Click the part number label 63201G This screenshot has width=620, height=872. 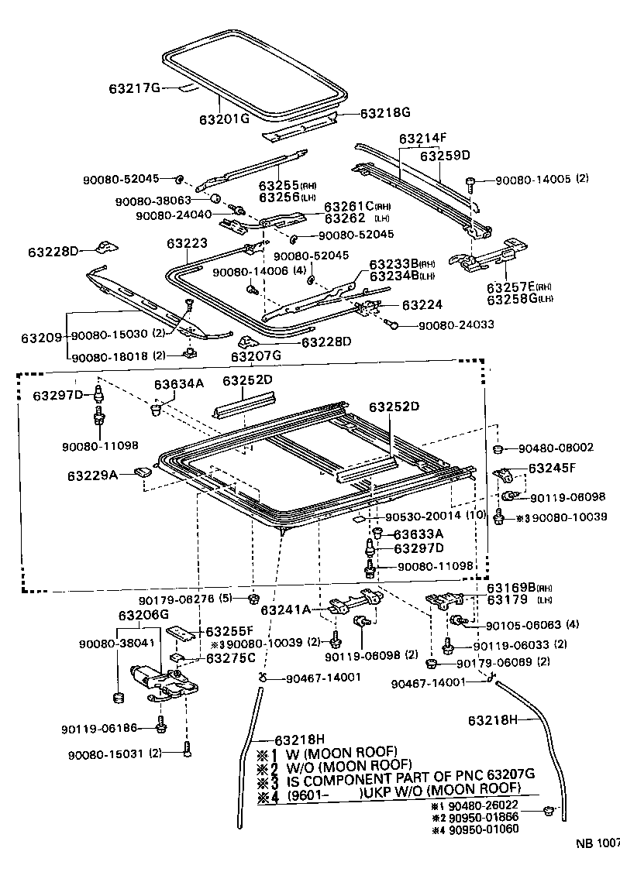pyautogui.click(x=223, y=118)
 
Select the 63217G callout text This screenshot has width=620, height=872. pyautogui.click(x=133, y=88)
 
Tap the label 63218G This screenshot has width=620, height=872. pyautogui.click(x=384, y=112)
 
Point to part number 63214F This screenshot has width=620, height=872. pyautogui.click(x=423, y=139)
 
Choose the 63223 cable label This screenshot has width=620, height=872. pyautogui.click(x=187, y=243)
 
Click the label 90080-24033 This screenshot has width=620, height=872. pyautogui.click(x=456, y=325)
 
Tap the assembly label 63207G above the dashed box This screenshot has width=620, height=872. pyautogui.click(x=256, y=356)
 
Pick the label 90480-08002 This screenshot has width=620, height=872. pyautogui.click(x=556, y=448)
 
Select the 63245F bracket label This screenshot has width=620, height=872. pyautogui.click(x=554, y=469)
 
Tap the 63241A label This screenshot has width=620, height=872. pyautogui.click(x=286, y=609)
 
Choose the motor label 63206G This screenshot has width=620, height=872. pyautogui.click(x=143, y=615)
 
